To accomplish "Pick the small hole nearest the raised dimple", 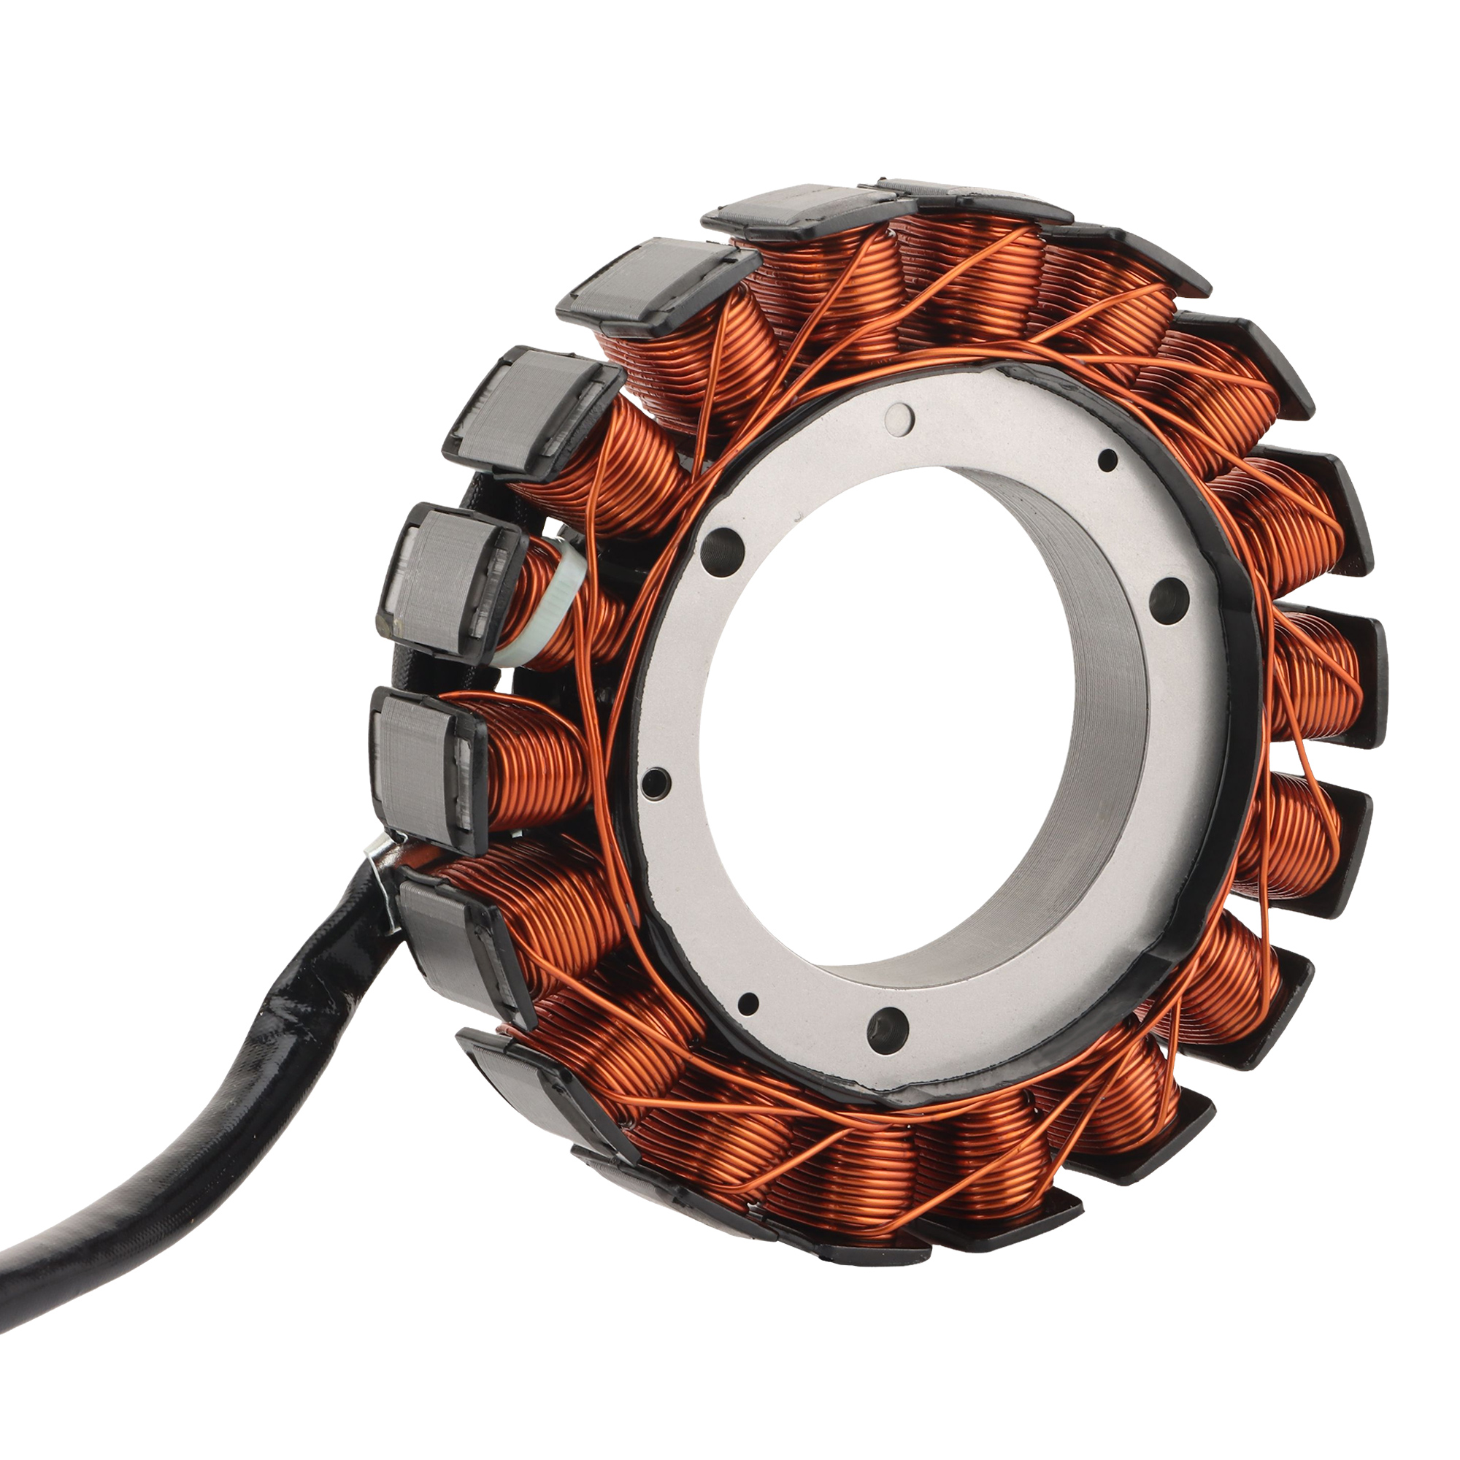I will pyautogui.click(x=1107, y=458).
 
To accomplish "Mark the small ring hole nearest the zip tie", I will pyautogui.click(x=654, y=783).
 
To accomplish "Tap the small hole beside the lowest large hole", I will pyautogui.click(x=748, y=1004).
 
